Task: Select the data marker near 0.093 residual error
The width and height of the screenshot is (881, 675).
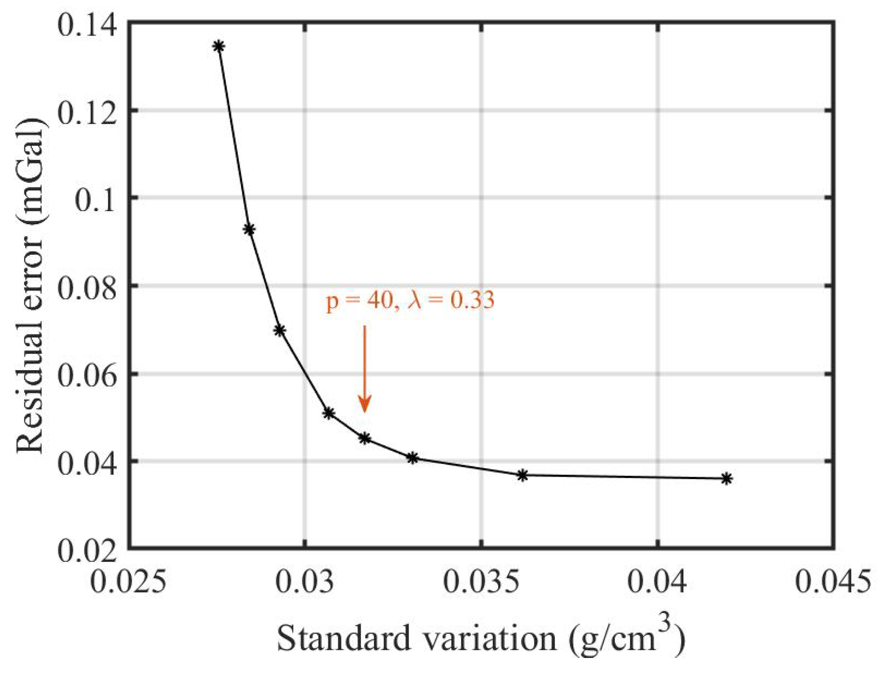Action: coord(249,229)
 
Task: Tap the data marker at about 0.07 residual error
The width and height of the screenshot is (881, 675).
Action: coord(280,330)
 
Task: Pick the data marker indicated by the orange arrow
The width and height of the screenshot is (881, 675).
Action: coord(364,438)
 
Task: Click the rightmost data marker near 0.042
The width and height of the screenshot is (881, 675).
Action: coord(726,479)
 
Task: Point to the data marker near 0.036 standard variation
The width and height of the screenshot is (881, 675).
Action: coord(522,475)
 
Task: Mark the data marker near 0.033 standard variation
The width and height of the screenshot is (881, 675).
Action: coord(412,458)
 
